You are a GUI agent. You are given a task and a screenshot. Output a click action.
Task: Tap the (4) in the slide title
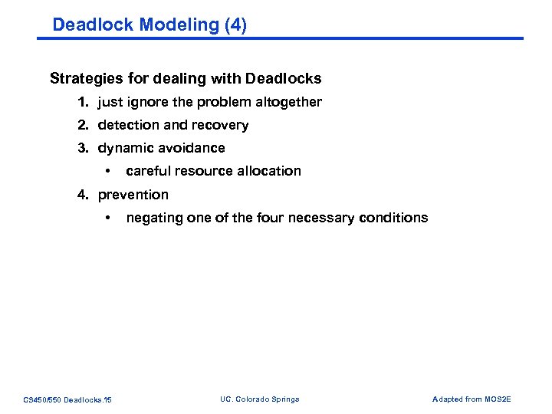pos(235,25)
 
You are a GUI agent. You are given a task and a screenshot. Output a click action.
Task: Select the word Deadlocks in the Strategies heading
pos(287,78)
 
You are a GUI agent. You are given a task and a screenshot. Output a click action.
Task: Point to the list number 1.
pos(82,102)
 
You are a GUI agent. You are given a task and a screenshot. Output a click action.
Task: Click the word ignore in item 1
pos(148,102)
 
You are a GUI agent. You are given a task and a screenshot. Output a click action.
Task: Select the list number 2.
pos(82,125)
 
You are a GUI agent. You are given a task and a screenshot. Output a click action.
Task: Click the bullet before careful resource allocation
pos(110,171)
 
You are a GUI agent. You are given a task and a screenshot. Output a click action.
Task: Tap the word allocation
pos(270,171)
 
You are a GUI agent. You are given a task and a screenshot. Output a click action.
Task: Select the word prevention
pos(133,195)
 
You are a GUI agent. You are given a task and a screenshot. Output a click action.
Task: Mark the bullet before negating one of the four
pos(110,218)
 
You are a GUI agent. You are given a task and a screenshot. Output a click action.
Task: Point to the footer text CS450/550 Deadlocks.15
pos(67,399)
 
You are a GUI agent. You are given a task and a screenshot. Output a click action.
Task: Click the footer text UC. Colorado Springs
pos(259,399)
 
